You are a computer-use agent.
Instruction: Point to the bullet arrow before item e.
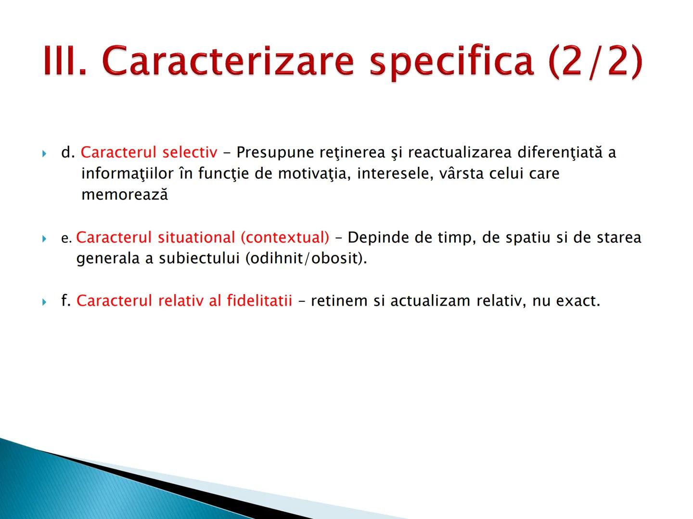[44, 238]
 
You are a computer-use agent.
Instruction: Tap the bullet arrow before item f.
[44, 302]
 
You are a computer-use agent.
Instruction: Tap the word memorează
[125, 195]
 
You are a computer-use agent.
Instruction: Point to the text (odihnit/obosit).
[306, 259]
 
